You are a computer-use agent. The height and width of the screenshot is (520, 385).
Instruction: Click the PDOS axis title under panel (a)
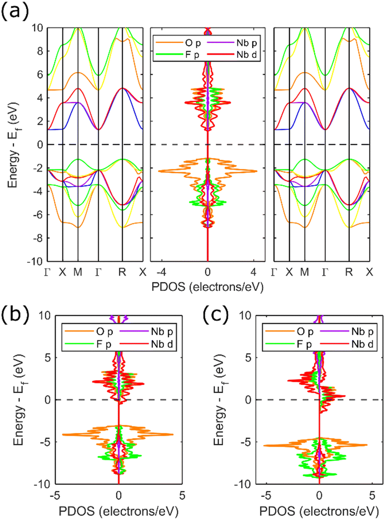207,286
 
